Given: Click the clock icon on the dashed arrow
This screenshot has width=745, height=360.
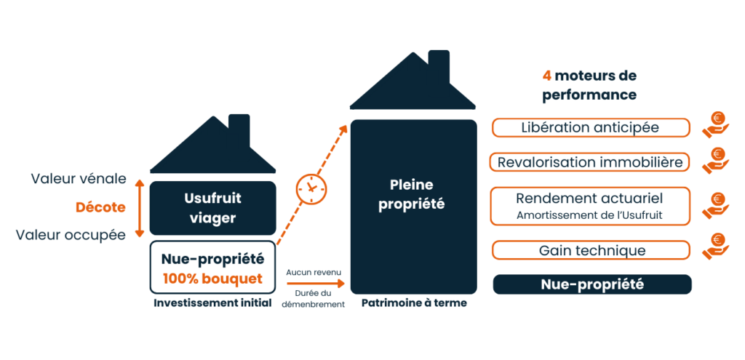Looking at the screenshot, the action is (311, 188).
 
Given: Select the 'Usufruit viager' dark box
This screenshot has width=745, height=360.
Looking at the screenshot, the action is (213, 208).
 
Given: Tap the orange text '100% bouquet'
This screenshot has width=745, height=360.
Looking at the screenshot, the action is (212, 279).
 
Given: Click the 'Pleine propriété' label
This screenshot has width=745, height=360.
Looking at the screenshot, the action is (412, 195).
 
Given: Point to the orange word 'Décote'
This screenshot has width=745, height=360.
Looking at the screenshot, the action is (100, 207).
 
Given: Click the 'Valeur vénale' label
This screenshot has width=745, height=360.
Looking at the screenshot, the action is (79, 179).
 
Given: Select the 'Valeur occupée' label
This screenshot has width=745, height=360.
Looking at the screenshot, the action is (71, 235).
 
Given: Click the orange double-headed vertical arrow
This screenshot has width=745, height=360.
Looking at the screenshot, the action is (139, 208).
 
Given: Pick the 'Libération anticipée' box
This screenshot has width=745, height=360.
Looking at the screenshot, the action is (591, 128).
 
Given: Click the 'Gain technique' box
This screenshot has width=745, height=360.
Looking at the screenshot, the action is (591, 250).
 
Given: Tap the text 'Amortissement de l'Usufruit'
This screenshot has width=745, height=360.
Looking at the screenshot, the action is (589, 215).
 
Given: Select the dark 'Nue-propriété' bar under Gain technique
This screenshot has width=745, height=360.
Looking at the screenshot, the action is (592, 284).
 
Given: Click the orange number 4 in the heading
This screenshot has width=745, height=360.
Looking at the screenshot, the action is (547, 76).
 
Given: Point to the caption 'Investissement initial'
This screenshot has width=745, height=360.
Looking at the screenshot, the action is (213, 303).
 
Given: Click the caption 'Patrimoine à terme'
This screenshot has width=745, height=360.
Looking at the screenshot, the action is (414, 303).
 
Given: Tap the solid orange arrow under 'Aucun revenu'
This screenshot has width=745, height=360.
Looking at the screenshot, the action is (314, 284).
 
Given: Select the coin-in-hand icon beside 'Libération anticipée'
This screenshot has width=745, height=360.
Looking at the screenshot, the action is (716, 124).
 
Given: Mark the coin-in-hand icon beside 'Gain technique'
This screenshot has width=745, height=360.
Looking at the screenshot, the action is (716, 247).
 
